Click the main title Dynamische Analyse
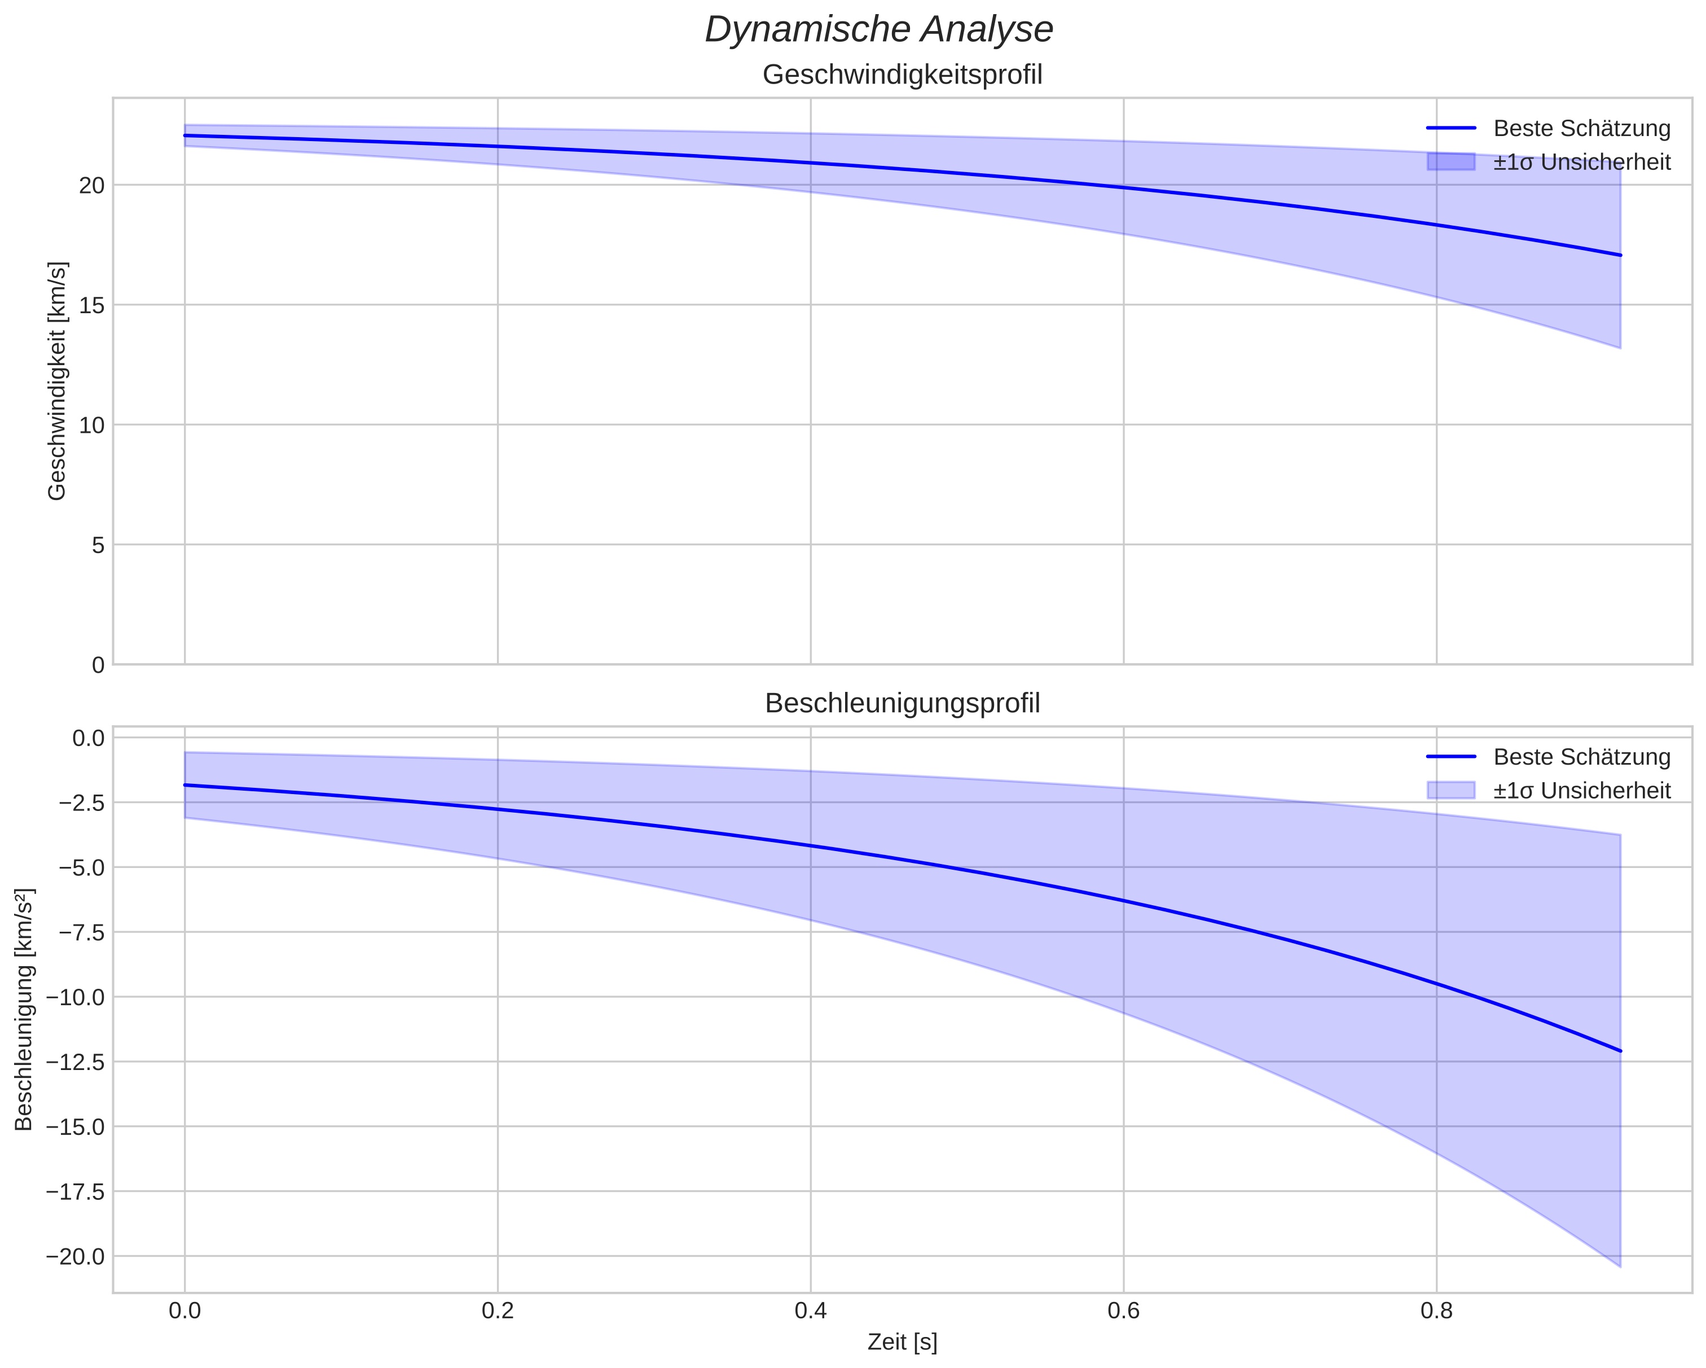[879, 30]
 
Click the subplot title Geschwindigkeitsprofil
[902, 75]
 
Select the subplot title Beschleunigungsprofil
[902, 704]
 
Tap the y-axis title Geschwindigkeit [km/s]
[57, 381]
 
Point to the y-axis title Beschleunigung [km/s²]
[24, 1010]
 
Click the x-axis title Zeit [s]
[902, 1343]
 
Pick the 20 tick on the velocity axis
[93, 185]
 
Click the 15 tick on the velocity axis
[93, 305]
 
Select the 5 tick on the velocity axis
[98, 546]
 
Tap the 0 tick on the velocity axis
[98, 665]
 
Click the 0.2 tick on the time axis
[498, 1311]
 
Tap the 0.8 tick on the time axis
[1436, 1311]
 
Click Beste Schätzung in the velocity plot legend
[1581, 128]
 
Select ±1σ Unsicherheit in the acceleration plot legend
[1581, 791]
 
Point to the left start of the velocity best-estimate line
[185, 135]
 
